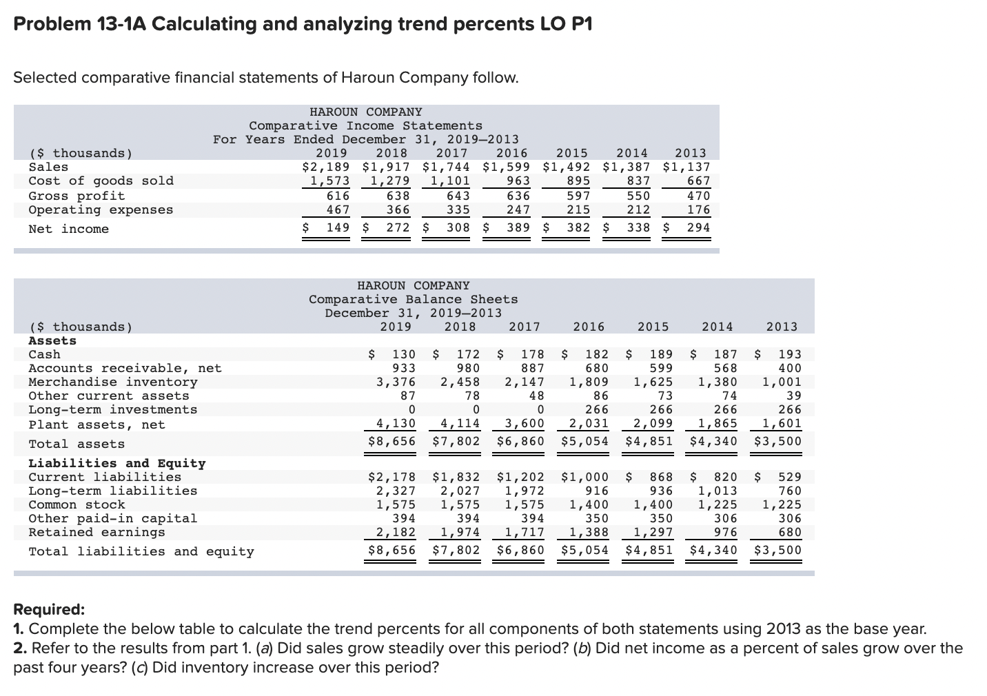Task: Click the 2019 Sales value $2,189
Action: pyautogui.click(x=326, y=167)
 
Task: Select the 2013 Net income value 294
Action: pyautogui.click(x=698, y=228)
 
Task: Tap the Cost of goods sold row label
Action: pyautogui.click(x=101, y=181)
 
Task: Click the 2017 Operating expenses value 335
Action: pyautogui.click(x=458, y=209)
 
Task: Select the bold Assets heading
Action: pyautogui.click(x=52, y=340)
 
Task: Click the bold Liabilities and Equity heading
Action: pyautogui.click(x=116, y=463)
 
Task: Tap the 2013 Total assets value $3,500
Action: pyautogui.click(x=777, y=441)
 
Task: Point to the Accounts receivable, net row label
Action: pyautogui.click(x=125, y=368)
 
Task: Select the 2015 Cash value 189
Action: pyautogui.click(x=661, y=354)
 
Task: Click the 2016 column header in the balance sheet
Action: pyautogui.click(x=588, y=327)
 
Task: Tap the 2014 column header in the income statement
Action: pyautogui.click(x=631, y=153)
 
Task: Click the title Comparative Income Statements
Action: pyautogui.click(x=365, y=125)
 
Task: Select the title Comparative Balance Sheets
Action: pyautogui.click(x=413, y=299)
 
